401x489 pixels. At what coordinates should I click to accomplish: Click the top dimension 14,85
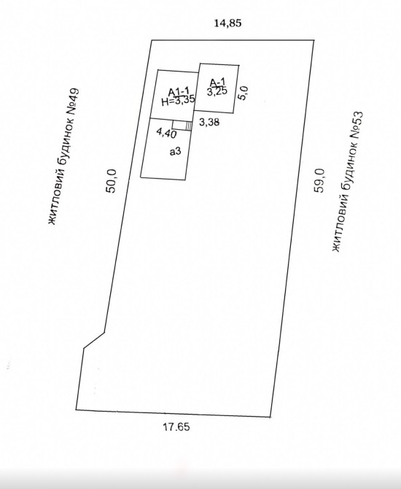click(x=227, y=23)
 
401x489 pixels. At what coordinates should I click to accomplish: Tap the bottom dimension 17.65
click(x=176, y=427)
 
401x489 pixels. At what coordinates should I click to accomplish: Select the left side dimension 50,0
click(x=112, y=181)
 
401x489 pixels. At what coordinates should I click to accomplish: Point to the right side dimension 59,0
click(x=319, y=180)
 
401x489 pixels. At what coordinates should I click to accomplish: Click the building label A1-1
click(x=179, y=92)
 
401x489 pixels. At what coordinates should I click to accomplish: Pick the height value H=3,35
click(x=178, y=101)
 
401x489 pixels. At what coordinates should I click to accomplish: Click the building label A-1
click(x=217, y=82)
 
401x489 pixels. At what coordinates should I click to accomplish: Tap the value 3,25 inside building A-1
click(x=217, y=91)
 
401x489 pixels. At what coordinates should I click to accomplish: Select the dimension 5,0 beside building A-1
click(x=244, y=93)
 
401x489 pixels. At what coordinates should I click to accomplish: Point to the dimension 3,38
click(x=209, y=122)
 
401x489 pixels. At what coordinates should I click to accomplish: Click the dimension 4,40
click(x=167, y=133)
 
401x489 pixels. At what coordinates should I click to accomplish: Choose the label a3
click(x=175, y=152)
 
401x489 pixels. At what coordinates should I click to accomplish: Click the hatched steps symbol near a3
click(x=188, y=126)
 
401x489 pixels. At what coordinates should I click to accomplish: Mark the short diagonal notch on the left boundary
click(x=94, y=340)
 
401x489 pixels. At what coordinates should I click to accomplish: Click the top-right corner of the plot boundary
click(x=314, y=40)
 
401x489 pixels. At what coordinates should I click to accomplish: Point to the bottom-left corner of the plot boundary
click(x=76, y=409)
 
